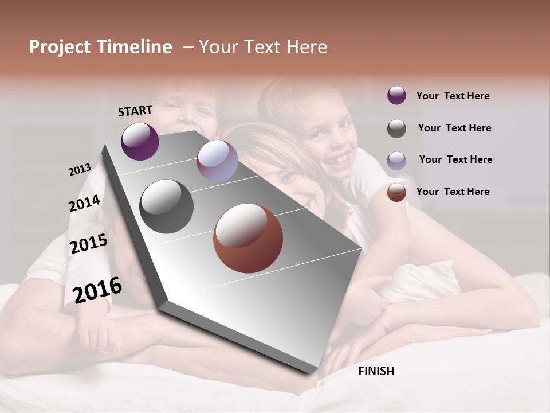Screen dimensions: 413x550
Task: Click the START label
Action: (135, 111)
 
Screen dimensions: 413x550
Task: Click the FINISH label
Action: (376, 371)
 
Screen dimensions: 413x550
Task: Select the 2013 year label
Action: (80, 169)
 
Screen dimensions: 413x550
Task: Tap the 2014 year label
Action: (84, 203)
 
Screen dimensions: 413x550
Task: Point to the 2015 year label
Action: (89, 244)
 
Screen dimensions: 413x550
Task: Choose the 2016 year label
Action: (97, 290)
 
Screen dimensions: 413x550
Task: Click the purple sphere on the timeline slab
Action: (140, 141)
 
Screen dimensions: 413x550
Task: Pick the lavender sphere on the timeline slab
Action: (217, 161)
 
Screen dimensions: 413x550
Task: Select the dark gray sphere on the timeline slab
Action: (166, 206)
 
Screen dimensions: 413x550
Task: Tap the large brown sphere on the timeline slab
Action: (248, 238)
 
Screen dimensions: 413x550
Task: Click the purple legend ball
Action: (396, 95)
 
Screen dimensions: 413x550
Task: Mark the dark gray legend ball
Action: (396, 128)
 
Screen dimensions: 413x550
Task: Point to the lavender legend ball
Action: (396, 161)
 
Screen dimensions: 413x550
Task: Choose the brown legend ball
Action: (396, 192)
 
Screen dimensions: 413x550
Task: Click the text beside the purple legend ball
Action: (453, 96)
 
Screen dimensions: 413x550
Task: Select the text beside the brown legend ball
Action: (453, 192)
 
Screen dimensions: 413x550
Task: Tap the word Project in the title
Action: (59, 47)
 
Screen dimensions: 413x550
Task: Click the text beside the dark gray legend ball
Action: (454, 128)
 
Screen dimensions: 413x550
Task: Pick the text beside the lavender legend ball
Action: (455, 159)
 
